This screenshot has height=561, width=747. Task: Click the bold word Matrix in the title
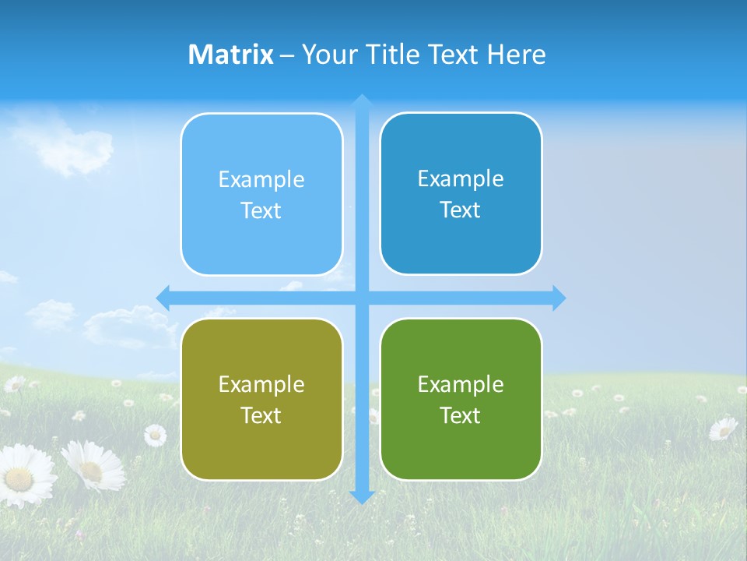(231, 55)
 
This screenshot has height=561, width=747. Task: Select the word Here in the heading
(516, 55)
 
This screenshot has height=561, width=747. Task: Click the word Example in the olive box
(261, 385)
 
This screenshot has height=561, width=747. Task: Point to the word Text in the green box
(461, 415)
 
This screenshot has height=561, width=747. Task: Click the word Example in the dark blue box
(461, 179)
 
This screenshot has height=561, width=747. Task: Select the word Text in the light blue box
(261, 210)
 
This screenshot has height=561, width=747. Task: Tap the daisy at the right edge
(724, 428)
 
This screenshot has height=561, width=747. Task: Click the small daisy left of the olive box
(155, 434)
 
